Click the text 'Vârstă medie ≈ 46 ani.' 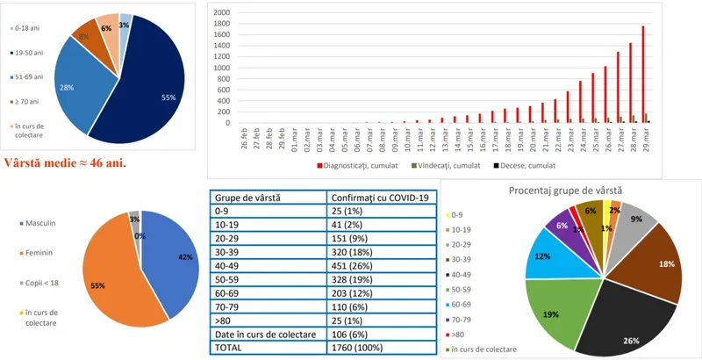(x=65, y=162)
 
